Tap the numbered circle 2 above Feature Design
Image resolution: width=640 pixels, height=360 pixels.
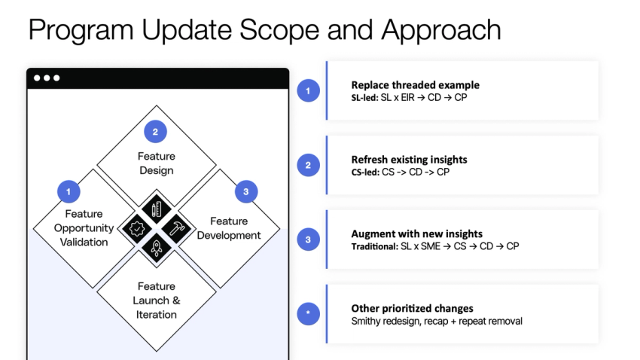tap(155, 132)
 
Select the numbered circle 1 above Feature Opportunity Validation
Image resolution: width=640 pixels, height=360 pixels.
tap(69, 192)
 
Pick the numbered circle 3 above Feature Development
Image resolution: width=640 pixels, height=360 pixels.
tap(245, 192)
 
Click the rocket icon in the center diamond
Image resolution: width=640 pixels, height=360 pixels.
tap(157, 247)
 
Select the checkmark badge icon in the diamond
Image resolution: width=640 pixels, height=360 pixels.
tap(136, 227)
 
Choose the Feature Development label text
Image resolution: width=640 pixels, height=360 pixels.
tap(229, 228)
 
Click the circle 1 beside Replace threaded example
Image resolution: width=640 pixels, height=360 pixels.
tap(309, 90)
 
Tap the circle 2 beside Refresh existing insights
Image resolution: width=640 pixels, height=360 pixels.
tap(309, 165)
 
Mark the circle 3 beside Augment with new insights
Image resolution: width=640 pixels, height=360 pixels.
tap(309, 239)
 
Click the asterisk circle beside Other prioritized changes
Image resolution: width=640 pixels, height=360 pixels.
tap(309, 314)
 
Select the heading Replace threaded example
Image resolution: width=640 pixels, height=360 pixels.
tap(415, 85)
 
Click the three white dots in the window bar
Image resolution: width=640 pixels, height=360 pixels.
tap(46, 78)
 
